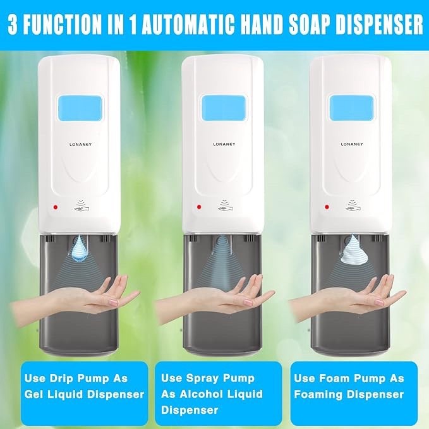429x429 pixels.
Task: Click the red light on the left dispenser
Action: point(56,207)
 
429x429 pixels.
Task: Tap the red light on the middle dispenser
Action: point(200,207)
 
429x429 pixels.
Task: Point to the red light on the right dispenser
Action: point(327,207)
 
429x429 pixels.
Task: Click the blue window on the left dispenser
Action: point(79,108)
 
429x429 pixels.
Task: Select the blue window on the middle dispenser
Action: point(223,108)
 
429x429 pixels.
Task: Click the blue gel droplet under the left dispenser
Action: point(80,248)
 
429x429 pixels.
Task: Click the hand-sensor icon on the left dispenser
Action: point(81,205)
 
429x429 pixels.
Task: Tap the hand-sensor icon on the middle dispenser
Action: point(224,205)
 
